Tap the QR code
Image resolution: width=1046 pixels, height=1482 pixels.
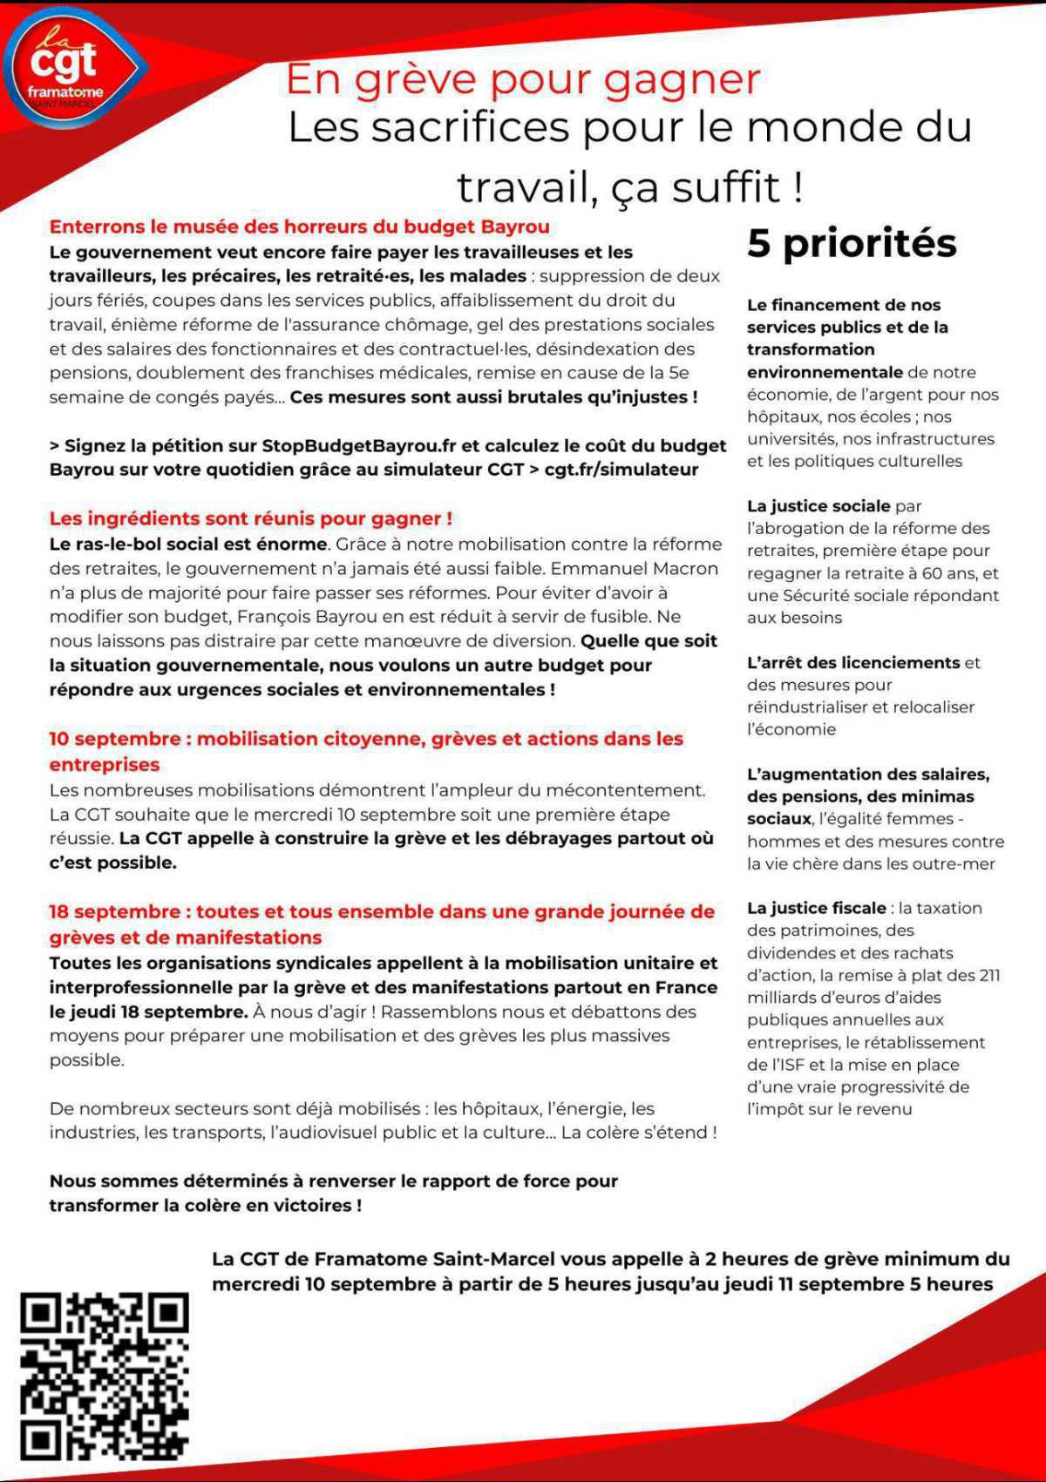105,1377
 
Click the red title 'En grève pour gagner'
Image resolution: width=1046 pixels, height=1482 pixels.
523,79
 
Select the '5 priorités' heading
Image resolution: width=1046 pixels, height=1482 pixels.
852,243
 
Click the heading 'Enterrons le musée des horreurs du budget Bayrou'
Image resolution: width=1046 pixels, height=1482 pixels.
299,227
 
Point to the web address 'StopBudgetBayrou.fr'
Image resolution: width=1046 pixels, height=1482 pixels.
359,445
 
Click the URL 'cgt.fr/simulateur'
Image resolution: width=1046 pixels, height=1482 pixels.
621,470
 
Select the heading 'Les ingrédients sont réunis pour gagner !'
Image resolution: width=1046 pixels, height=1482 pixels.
250,518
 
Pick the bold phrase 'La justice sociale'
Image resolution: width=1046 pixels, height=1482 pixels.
818,506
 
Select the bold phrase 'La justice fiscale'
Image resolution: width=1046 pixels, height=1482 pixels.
816,908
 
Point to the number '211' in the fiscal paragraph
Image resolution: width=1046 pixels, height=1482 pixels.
987,975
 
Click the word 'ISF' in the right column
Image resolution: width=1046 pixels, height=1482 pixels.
784,1065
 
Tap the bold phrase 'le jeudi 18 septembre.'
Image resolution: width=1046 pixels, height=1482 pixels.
148,1012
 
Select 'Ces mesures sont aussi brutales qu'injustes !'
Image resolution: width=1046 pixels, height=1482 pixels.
493,397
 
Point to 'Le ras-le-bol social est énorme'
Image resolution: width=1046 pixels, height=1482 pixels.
188,545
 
